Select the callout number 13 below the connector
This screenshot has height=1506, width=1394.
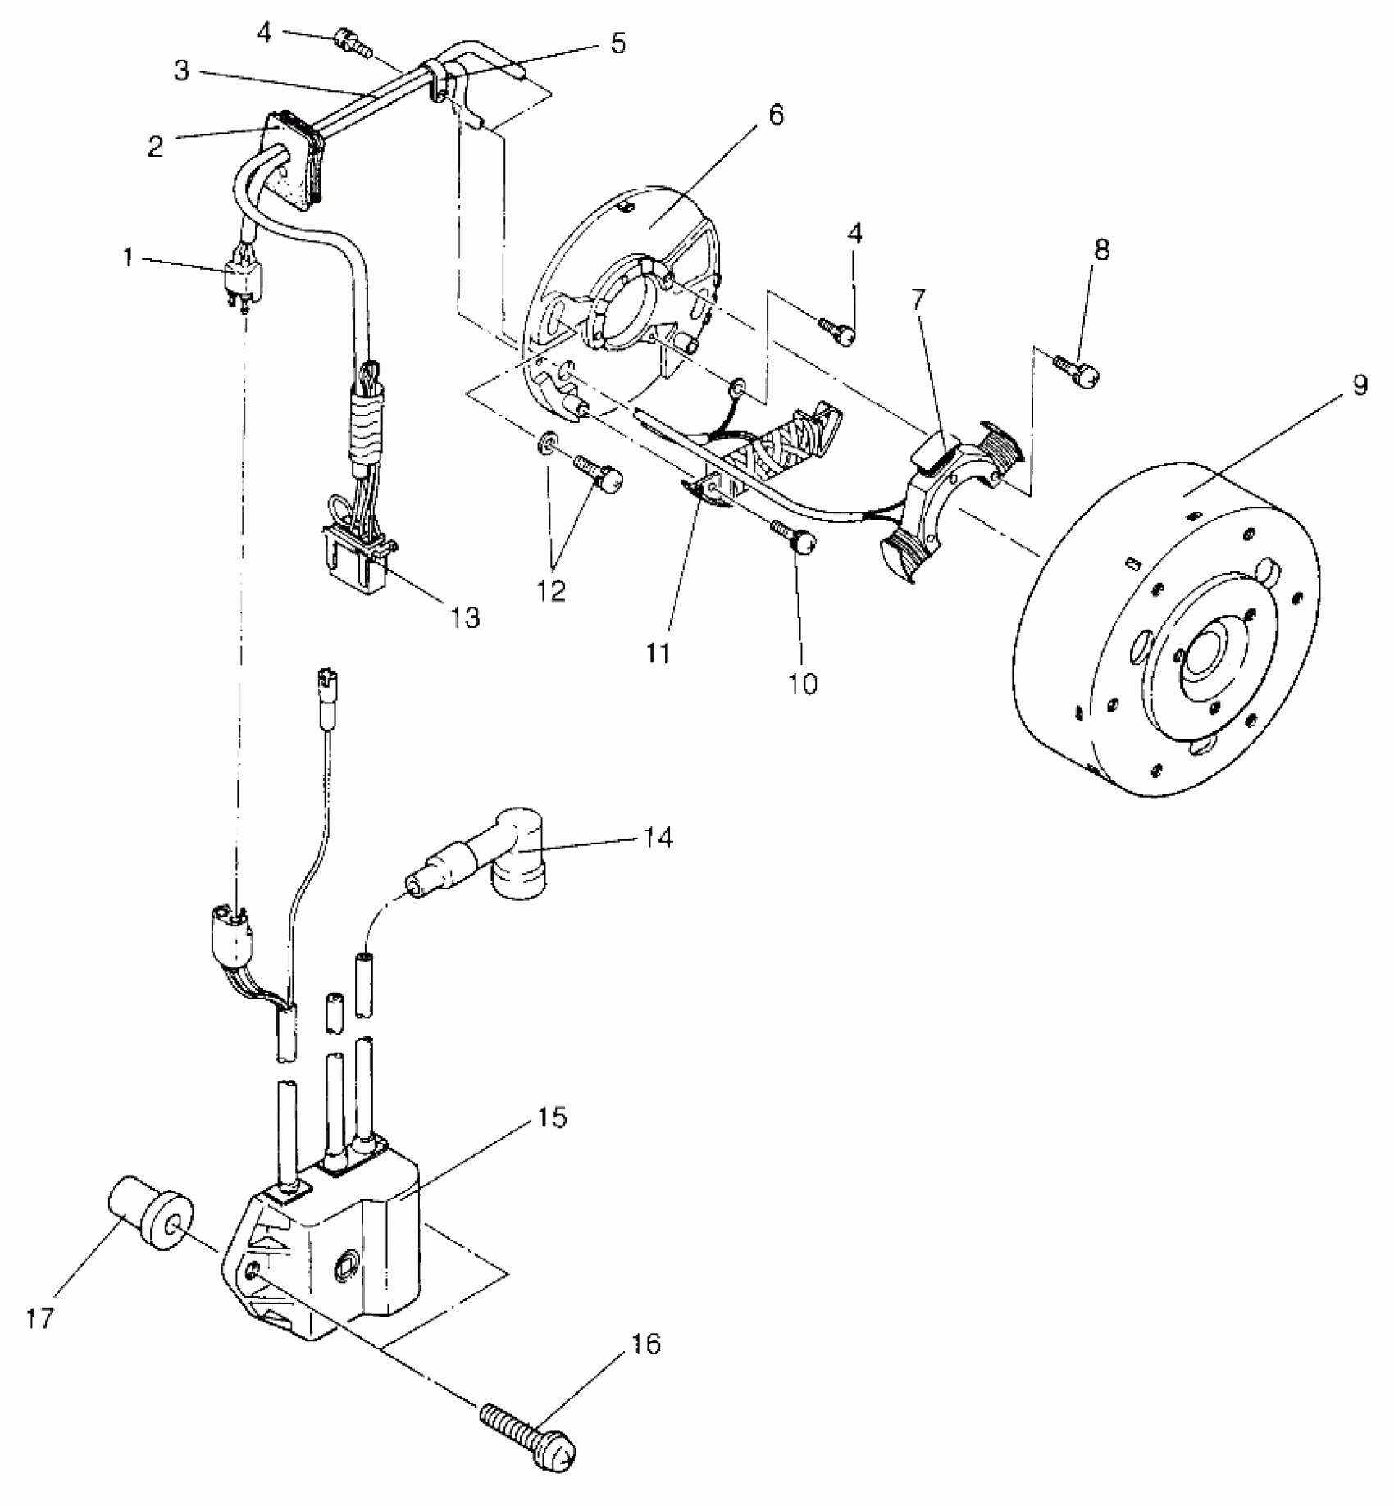[466, 617]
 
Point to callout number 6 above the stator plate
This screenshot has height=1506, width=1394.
[776, 114]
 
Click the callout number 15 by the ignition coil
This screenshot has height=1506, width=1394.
[553, 1117]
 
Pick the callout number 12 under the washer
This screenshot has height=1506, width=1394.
[552, 591]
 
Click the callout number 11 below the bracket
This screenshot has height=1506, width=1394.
[658, 653]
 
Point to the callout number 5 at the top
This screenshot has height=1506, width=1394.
[617, 43]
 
